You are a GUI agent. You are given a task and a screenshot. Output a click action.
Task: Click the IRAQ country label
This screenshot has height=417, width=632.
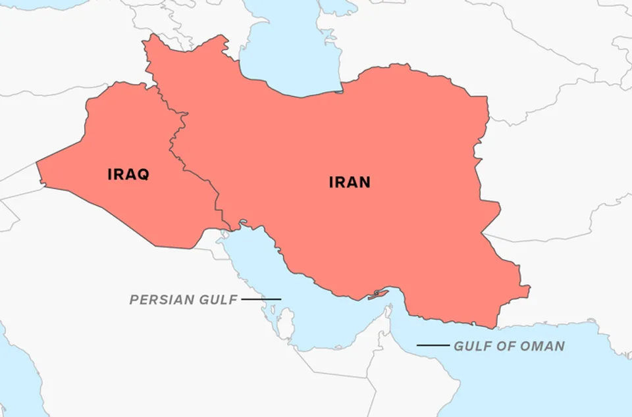pyautogui.click(x=128, y=174)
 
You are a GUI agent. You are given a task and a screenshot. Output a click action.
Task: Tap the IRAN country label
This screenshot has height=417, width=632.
pyautogui.click(x=350, y=182)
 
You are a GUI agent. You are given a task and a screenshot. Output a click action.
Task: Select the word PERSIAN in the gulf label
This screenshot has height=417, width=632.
pyautogui.click(x=159, y=300)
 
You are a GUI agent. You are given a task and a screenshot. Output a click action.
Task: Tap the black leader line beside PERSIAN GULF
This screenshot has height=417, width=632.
pyautogui.click(x=261, y=299)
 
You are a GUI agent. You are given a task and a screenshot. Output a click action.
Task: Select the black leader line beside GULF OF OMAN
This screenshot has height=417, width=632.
pyautogui.click(x=433, y=345)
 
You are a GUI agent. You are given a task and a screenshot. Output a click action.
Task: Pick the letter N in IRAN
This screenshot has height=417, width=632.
pyautogui.click(x=364, y=182)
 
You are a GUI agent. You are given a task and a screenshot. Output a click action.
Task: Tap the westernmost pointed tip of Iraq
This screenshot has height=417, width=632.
pyautogui.click(x=37, y=162)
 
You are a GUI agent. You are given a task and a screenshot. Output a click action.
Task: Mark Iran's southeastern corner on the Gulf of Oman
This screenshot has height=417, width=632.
pyautogui.click(x=495, y=327)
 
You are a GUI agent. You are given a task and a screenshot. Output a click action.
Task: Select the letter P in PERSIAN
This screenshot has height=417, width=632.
pyautogui.click(x=134, y=300)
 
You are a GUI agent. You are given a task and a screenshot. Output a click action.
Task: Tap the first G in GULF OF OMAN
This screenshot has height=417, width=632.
pyautogui.click(x=458, y=346)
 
